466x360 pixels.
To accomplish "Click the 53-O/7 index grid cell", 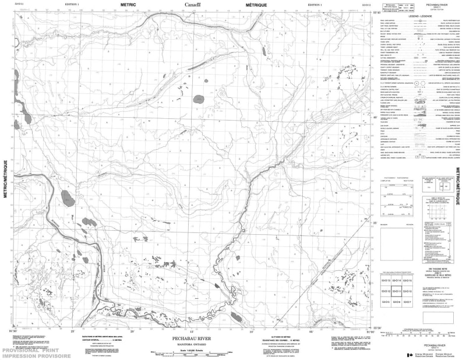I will [407, 301].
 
